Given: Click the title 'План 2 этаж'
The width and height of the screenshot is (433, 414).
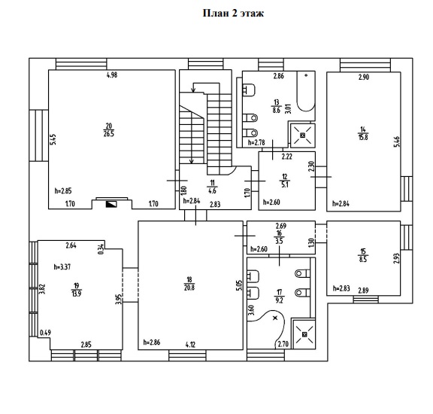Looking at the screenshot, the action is tap(233, 14).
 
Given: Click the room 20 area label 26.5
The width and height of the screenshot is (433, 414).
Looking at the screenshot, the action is tap(109, 134).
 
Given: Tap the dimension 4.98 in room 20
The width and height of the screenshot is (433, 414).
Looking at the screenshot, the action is tap(112, 75).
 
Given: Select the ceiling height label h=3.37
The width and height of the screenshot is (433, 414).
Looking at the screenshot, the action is tap(62, 267).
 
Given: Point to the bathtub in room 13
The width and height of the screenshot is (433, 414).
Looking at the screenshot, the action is tap(306, 91).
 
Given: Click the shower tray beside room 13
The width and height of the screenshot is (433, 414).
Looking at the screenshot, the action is tap(303, 135).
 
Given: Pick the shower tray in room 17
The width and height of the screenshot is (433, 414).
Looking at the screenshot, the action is tap(304, 334).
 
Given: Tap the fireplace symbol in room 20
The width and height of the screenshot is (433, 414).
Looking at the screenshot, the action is tap(111, 204).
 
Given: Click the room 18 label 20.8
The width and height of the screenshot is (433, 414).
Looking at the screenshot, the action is tap(189, 288).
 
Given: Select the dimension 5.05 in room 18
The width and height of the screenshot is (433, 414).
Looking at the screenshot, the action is tap(239, 285).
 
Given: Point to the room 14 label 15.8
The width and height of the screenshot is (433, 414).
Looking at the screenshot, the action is tap(363, 137).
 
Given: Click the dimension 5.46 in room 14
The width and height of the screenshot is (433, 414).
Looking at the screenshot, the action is tap(397, 142).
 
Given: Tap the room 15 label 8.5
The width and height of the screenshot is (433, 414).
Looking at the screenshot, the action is tap(363, 260).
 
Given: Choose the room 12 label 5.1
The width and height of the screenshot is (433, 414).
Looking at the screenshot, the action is tap(285, 184).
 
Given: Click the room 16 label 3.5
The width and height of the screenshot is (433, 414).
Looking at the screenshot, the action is tap(279, 241).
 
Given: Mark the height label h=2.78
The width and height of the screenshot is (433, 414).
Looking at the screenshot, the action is tap(256, 142).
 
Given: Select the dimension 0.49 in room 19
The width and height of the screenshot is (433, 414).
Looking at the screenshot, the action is tap(46, 333).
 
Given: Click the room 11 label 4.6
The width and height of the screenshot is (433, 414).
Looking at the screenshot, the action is tap(212, 191).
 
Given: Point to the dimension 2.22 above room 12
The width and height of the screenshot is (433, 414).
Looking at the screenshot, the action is tap(287, 157).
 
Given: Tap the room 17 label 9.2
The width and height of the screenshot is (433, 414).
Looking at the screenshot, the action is tap(280, 300).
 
